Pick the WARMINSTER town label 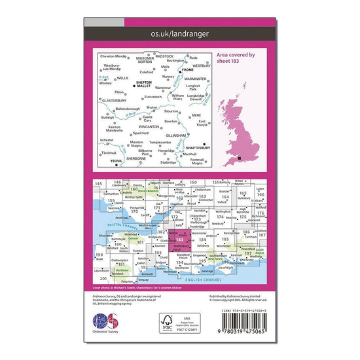[x=194, y=80]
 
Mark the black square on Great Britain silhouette [x=242, y=158]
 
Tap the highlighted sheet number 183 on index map [x=179, y=240]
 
